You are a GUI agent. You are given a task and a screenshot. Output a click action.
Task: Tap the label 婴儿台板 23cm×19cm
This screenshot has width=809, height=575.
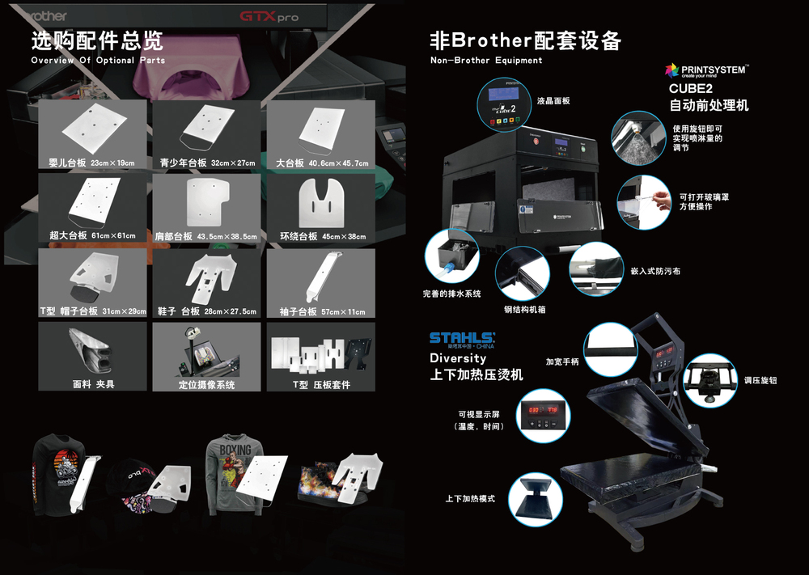point(91,163)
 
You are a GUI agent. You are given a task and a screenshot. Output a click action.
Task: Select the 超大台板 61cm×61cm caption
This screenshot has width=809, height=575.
point(91,236)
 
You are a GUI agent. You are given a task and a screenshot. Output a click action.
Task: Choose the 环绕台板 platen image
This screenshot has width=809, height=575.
point(321,203)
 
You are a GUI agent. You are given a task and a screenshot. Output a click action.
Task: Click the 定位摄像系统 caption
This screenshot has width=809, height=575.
point(206,385)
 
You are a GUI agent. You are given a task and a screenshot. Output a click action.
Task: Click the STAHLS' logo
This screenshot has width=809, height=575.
point(463,337)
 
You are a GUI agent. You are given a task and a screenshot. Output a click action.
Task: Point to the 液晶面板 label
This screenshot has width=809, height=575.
point(553,101)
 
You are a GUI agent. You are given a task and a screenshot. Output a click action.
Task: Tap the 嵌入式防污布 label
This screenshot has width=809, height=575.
point(654,271)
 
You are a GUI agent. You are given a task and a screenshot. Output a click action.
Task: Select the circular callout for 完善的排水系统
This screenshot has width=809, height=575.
point(451,254)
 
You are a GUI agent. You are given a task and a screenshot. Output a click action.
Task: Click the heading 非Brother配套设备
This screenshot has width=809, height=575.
point(525,40)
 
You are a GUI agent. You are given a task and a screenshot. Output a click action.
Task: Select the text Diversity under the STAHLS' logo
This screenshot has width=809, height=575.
point(458,357)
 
